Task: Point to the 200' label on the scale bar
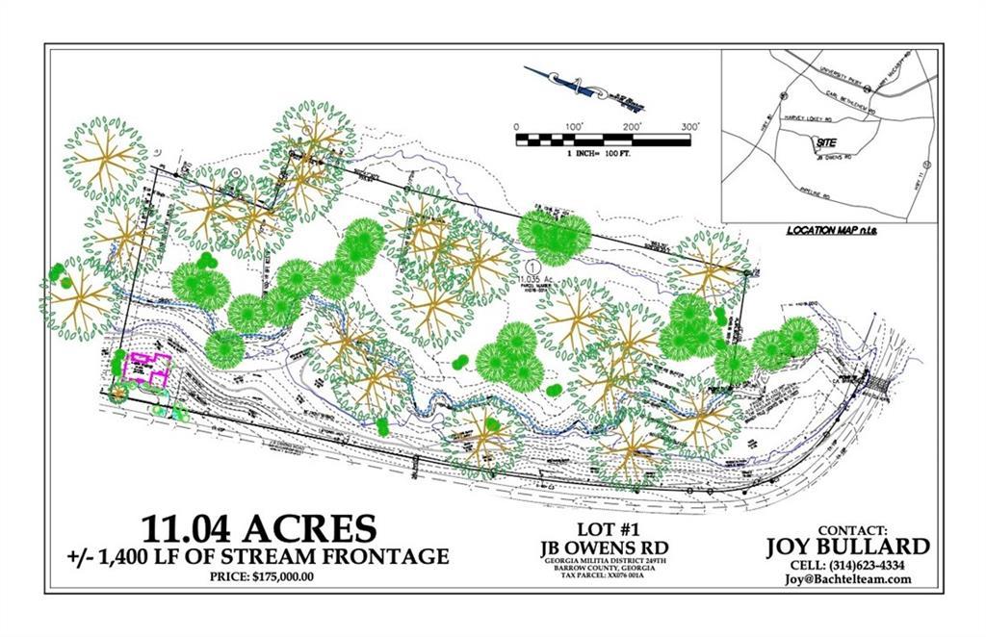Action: pyautogui.click(x=632, y=127)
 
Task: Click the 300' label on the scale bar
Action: pyautogui.click(x=689, y=127)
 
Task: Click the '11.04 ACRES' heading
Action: pyautogui.click(x=258, y=528)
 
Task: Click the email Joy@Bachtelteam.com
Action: pyautogui.click(x=847, y=579)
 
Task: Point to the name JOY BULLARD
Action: pyautogui.click(x=847, y=547)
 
